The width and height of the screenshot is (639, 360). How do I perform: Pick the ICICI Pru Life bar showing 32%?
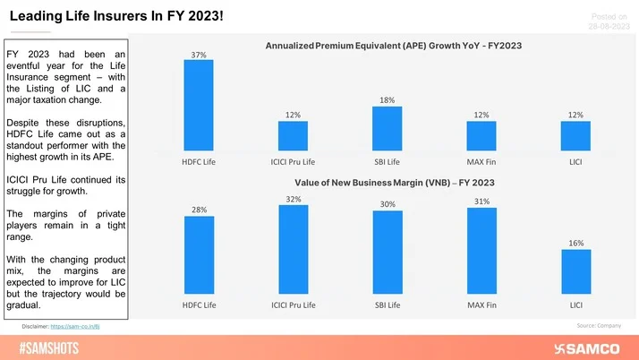(293, 253)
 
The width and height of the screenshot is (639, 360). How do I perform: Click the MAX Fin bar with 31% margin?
(481, 255)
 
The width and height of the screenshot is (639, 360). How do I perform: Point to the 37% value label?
(199, 55)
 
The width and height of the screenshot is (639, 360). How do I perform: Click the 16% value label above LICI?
(575, 243)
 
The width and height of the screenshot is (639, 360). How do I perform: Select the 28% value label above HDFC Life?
(199, 210)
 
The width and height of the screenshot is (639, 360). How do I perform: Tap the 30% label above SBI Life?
(387, 204)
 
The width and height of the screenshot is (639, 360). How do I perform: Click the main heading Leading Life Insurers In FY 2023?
(124, 14)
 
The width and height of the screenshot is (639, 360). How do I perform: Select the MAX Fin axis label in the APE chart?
(481, 161)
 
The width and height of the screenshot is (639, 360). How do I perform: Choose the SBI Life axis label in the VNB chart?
(387, 305)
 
